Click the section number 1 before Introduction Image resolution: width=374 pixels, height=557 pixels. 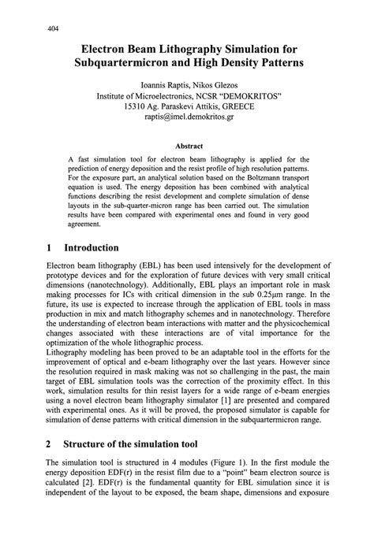(49, 247)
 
